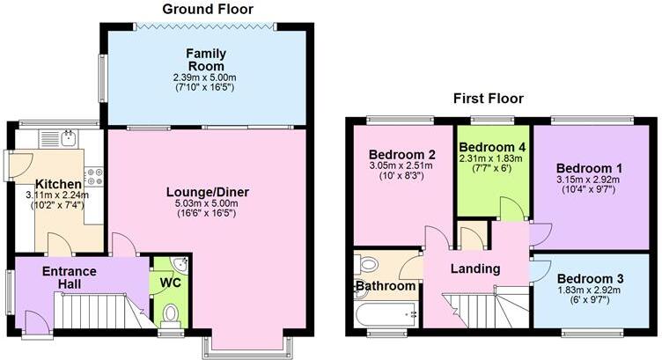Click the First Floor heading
coord(488,99)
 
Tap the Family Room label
coord(205,60)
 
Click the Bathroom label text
coord(386,286)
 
